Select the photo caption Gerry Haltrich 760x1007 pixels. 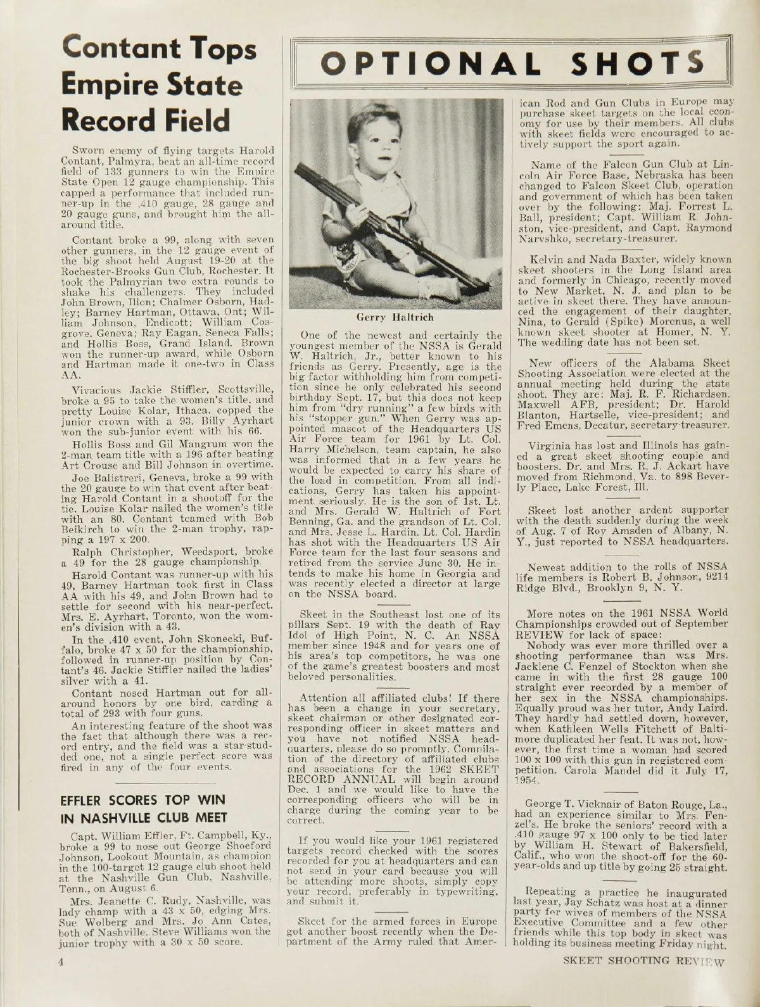pos(396,317)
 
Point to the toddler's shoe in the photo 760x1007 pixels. pos(448,290)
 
